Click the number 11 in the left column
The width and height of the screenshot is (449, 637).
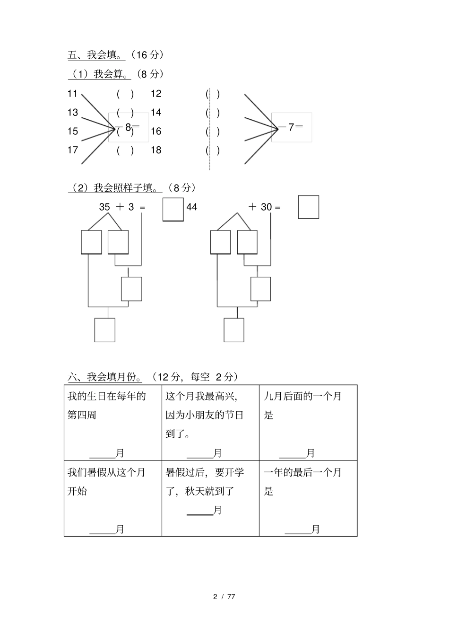coord(72,94)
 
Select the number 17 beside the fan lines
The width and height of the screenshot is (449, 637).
coord(72,150)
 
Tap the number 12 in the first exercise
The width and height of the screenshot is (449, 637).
coord(156,94)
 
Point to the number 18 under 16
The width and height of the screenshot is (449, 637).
coord(156,150)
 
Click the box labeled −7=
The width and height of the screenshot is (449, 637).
coord(292,127)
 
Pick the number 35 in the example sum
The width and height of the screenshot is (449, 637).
coord(104,207)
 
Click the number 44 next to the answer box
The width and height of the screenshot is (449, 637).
coord(192,207)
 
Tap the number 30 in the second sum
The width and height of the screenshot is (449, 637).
coord(267,207)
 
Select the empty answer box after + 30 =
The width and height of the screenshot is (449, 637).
coord(308,207)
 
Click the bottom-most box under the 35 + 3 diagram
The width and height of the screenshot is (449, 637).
coord(104,330)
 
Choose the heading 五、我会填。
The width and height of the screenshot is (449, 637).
coord(96,55)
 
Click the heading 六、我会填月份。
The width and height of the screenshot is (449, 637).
coord(105,377)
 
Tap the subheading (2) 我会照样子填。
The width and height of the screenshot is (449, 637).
coord(115,188)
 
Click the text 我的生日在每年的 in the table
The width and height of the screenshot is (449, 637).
coord(107,396)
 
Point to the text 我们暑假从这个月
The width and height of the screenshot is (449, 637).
coord(106,472)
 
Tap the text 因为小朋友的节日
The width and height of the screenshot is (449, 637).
coord(205,416)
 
